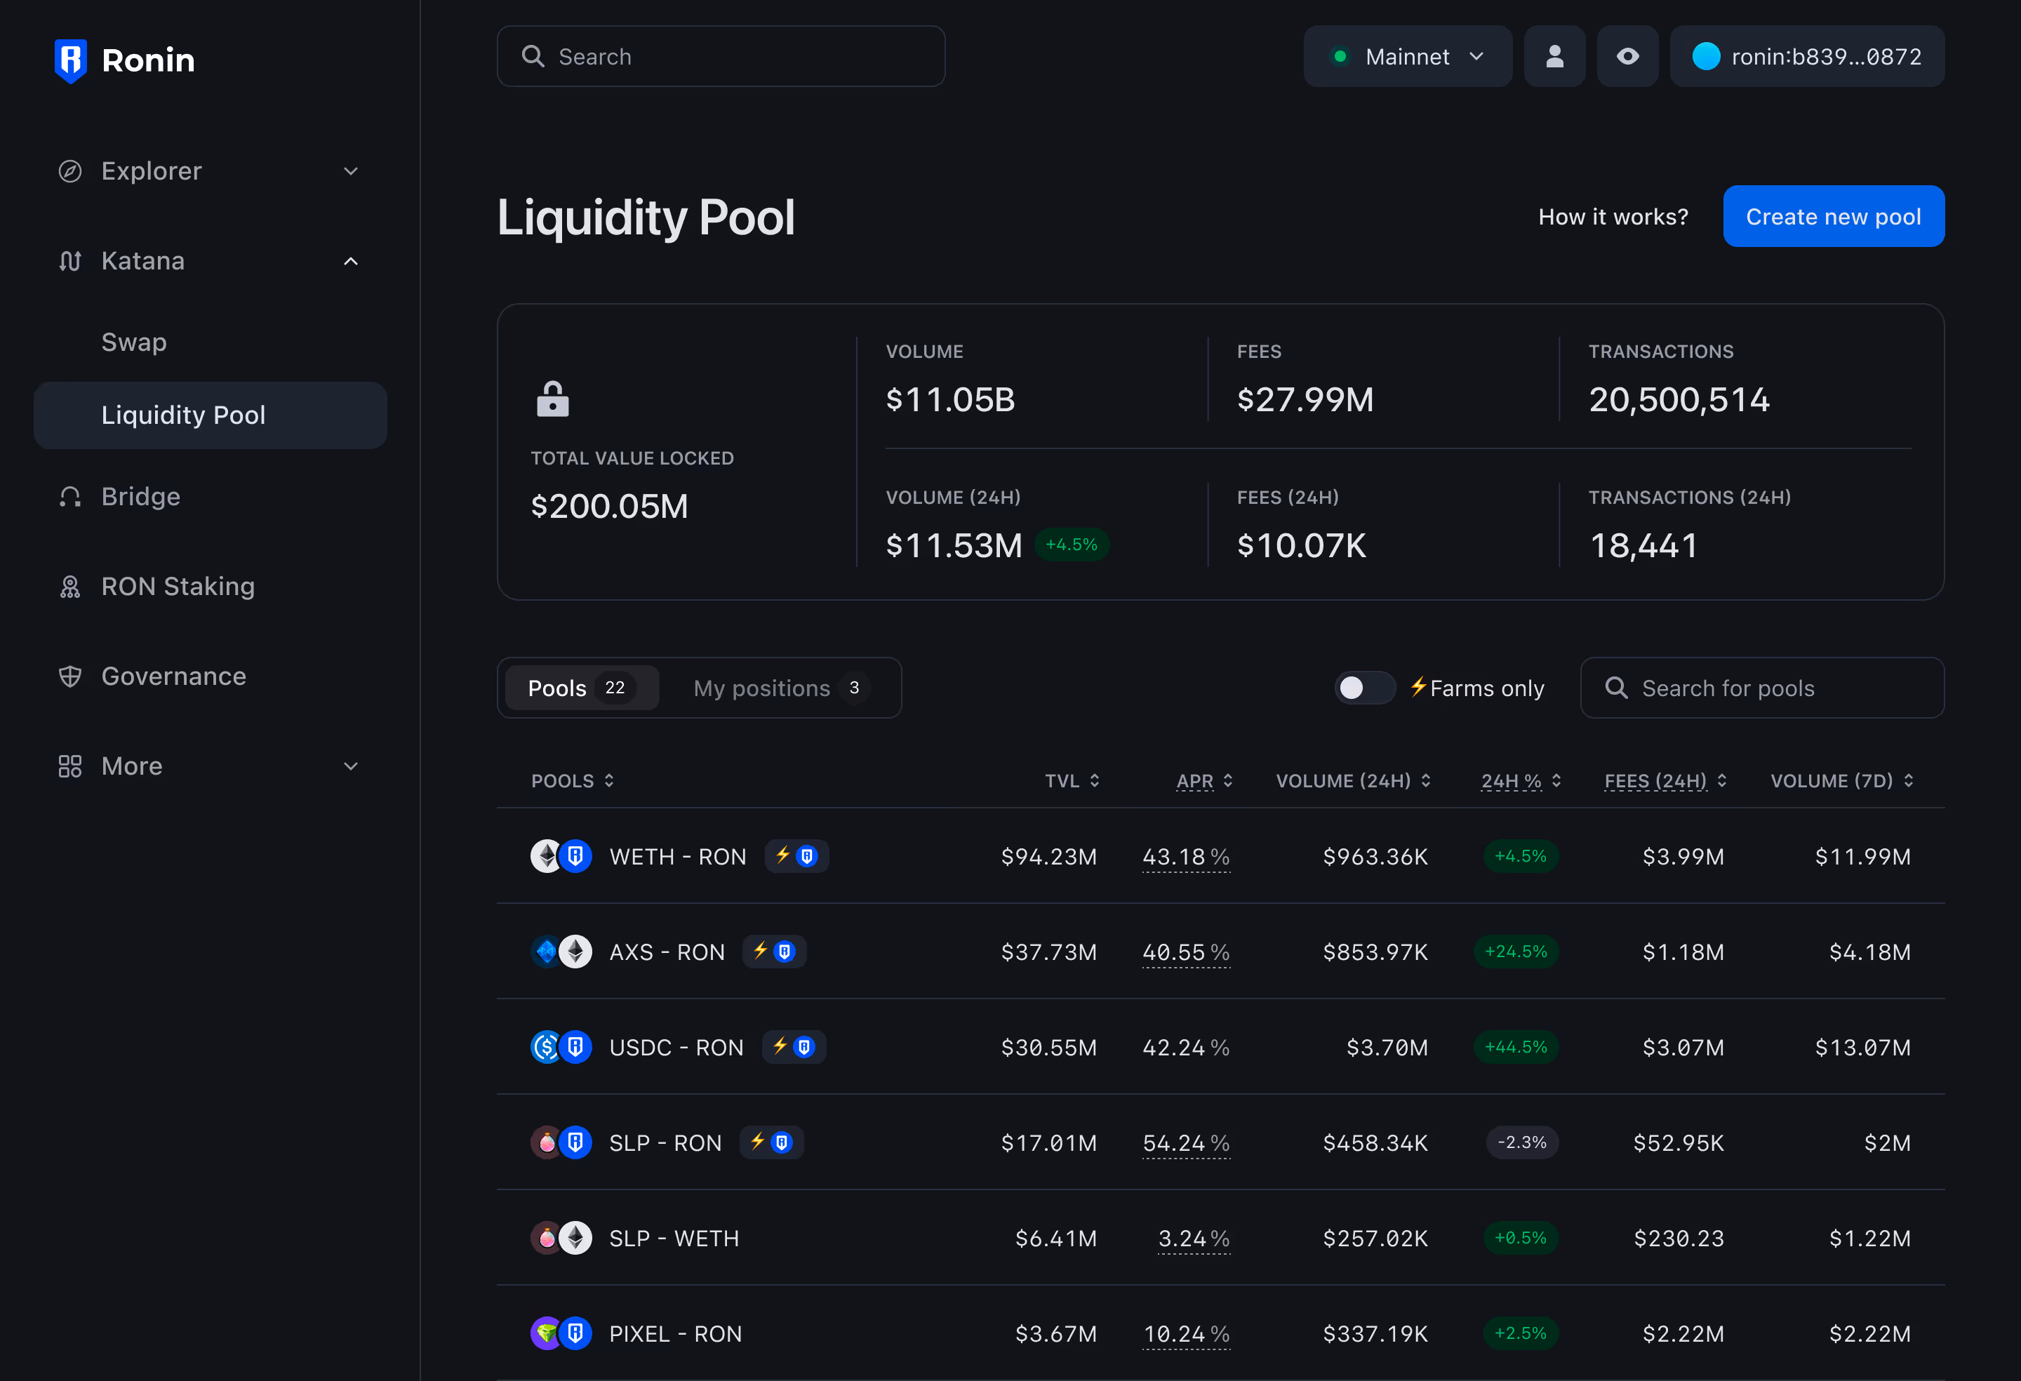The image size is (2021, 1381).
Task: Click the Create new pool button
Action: point(1833,217)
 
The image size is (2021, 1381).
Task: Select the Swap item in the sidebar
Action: point(134,342)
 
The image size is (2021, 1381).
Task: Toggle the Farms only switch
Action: point(1363,688)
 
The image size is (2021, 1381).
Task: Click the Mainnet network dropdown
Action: point(1407,57)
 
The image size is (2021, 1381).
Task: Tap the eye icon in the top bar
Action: point(1627,57)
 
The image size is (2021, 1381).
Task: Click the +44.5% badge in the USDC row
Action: point(1516,1047)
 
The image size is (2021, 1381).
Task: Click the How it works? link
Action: point(1613,217)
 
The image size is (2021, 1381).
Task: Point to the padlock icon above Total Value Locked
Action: point(552,399)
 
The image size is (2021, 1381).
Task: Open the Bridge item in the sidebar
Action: point(141,497)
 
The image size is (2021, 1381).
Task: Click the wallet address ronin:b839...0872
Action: point(1807,57)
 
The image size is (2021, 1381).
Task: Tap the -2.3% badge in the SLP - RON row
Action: point(1521,1142)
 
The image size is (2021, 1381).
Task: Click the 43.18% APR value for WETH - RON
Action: point(1185,857)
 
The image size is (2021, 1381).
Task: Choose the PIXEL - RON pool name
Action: point(675,1334)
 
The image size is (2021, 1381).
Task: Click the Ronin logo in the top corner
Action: point(124,60)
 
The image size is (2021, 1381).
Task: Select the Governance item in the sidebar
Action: point(173,676)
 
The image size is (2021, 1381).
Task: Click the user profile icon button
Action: point(1554,57)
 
